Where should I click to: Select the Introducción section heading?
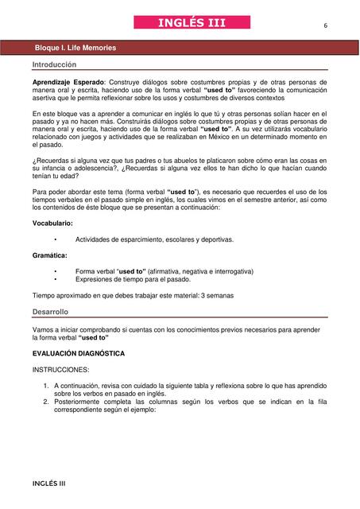click(x=55, y=64)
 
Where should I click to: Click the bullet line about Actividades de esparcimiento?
click(x=154, y=239)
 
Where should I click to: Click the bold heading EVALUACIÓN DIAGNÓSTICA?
click(x=79, y=352)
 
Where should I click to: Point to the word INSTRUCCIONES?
click(x=61, y=370)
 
